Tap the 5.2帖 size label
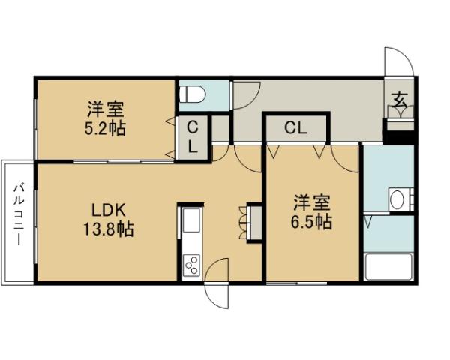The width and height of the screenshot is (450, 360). point(106,128)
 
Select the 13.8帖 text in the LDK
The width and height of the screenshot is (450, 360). point(109,229)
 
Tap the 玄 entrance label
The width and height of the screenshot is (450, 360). point(400,97)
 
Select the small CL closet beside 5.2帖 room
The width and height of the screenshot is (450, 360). point(193,136)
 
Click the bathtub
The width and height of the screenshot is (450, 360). point(388,268)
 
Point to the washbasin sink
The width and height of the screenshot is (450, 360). point(397,200)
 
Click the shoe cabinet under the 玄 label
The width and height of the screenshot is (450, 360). point(398,112)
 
